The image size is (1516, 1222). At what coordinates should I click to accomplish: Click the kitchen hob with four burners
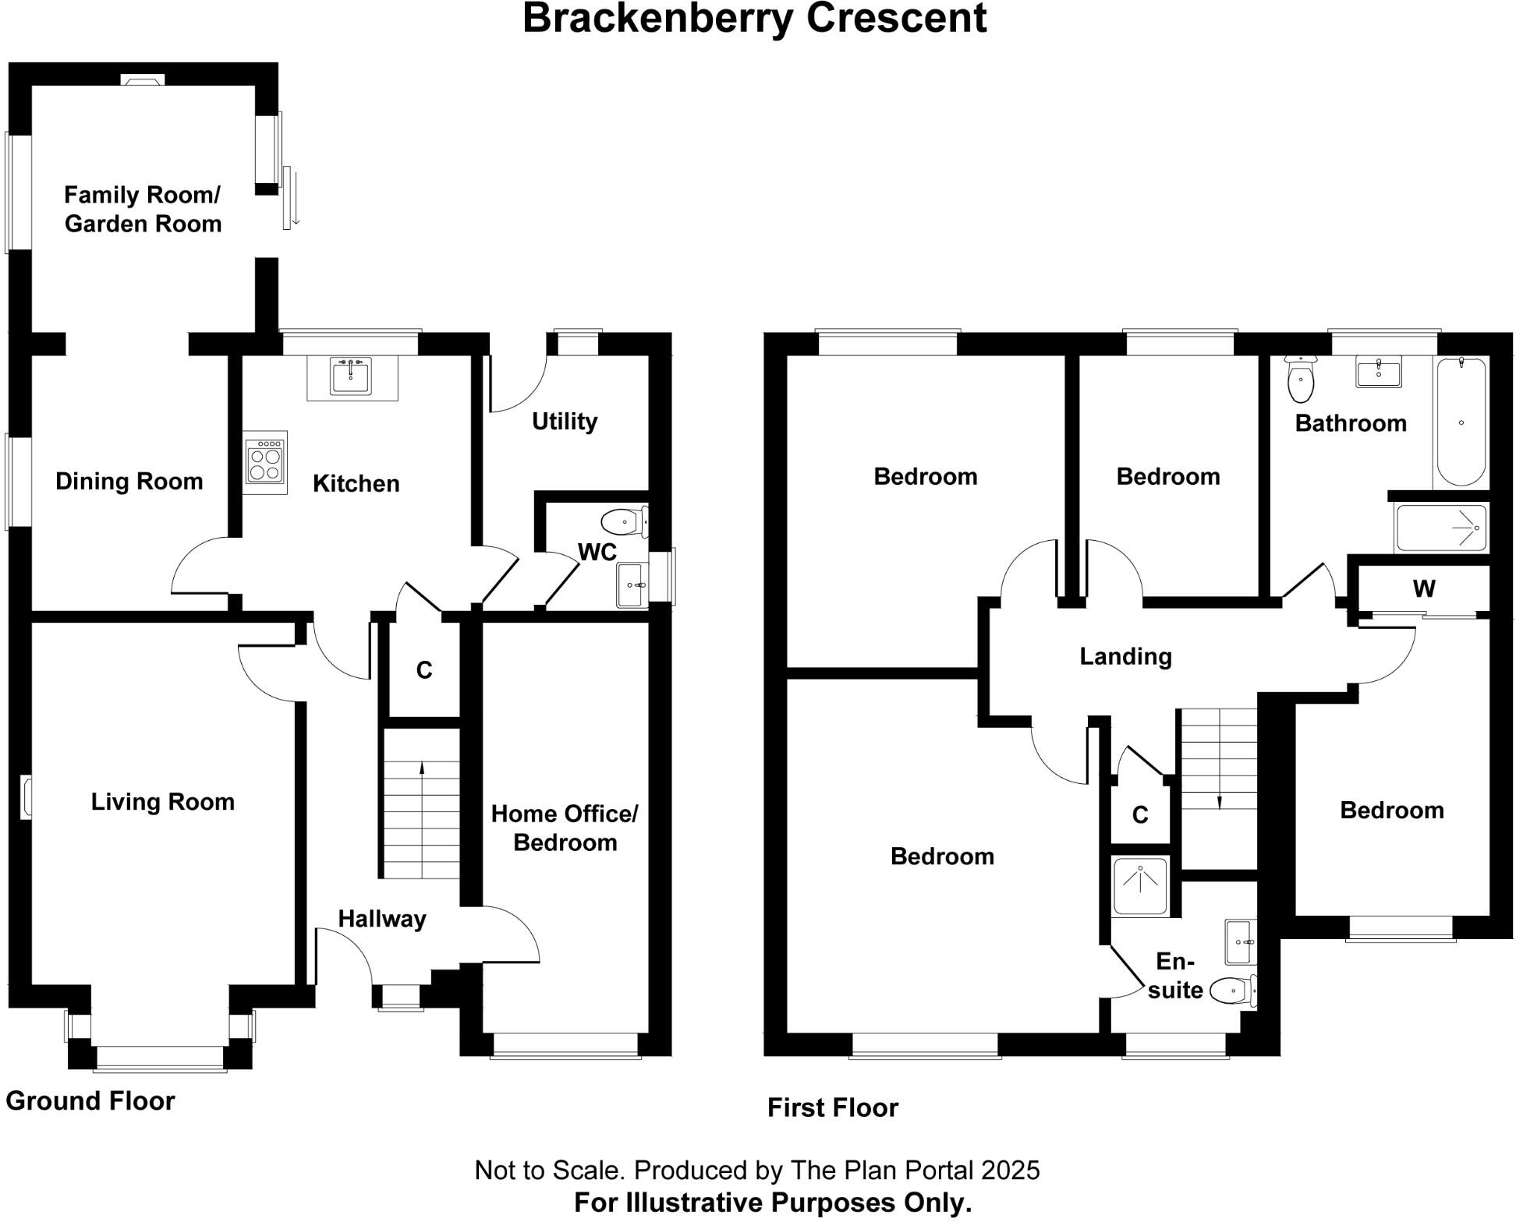265,462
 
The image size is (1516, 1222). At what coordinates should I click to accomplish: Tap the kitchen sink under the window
352,377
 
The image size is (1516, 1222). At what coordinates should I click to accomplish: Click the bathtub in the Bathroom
1461,422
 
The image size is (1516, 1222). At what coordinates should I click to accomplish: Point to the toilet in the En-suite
1233,991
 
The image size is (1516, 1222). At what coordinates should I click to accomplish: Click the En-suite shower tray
1140,886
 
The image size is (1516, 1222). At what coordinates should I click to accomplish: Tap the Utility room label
565,422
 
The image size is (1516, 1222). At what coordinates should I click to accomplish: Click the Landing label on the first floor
1125,657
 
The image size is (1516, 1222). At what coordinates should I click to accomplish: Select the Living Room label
163,802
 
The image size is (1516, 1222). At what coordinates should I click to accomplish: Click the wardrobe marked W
1424,589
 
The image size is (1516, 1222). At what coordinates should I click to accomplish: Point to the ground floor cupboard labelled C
424,670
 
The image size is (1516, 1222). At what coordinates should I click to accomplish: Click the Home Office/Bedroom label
565,828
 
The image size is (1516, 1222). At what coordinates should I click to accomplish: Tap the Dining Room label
129,482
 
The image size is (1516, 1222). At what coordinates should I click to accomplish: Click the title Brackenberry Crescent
754,19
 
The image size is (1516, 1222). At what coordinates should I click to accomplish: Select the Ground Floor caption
90,1101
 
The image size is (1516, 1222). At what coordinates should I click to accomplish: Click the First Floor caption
833,1108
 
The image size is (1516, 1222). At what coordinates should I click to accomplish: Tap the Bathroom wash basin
1379,372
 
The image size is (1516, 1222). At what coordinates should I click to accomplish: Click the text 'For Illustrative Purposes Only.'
773,1203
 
